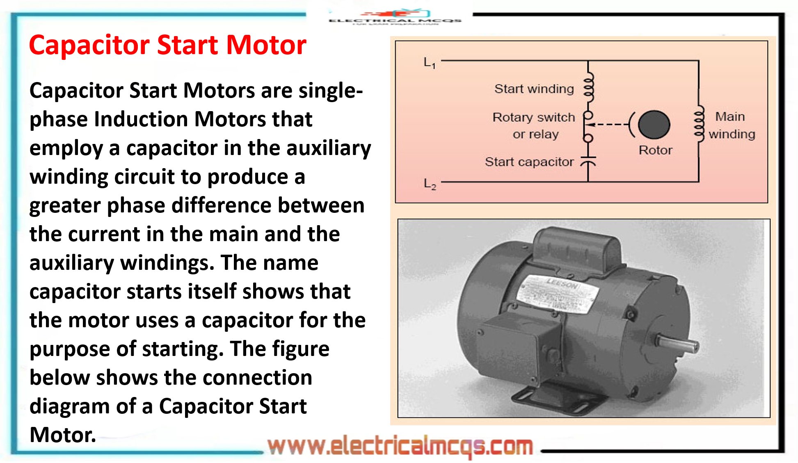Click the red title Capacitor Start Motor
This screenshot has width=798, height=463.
(167, 45)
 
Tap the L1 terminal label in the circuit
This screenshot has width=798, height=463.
(430, 63)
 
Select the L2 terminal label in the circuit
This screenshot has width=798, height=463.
(430, 184)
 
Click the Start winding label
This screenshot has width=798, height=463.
(534, 89)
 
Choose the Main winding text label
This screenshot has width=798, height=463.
(731, 125)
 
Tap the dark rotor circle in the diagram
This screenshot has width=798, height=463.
(654, 125)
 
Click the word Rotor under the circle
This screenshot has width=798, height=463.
(655, 150)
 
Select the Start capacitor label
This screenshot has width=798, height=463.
(529, 162)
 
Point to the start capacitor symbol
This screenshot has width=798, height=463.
(588, 161)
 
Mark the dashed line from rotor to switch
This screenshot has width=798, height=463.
(611, 124)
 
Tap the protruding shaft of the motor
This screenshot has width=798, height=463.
(677, 343)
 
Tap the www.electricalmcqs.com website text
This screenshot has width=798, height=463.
(400, 446)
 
